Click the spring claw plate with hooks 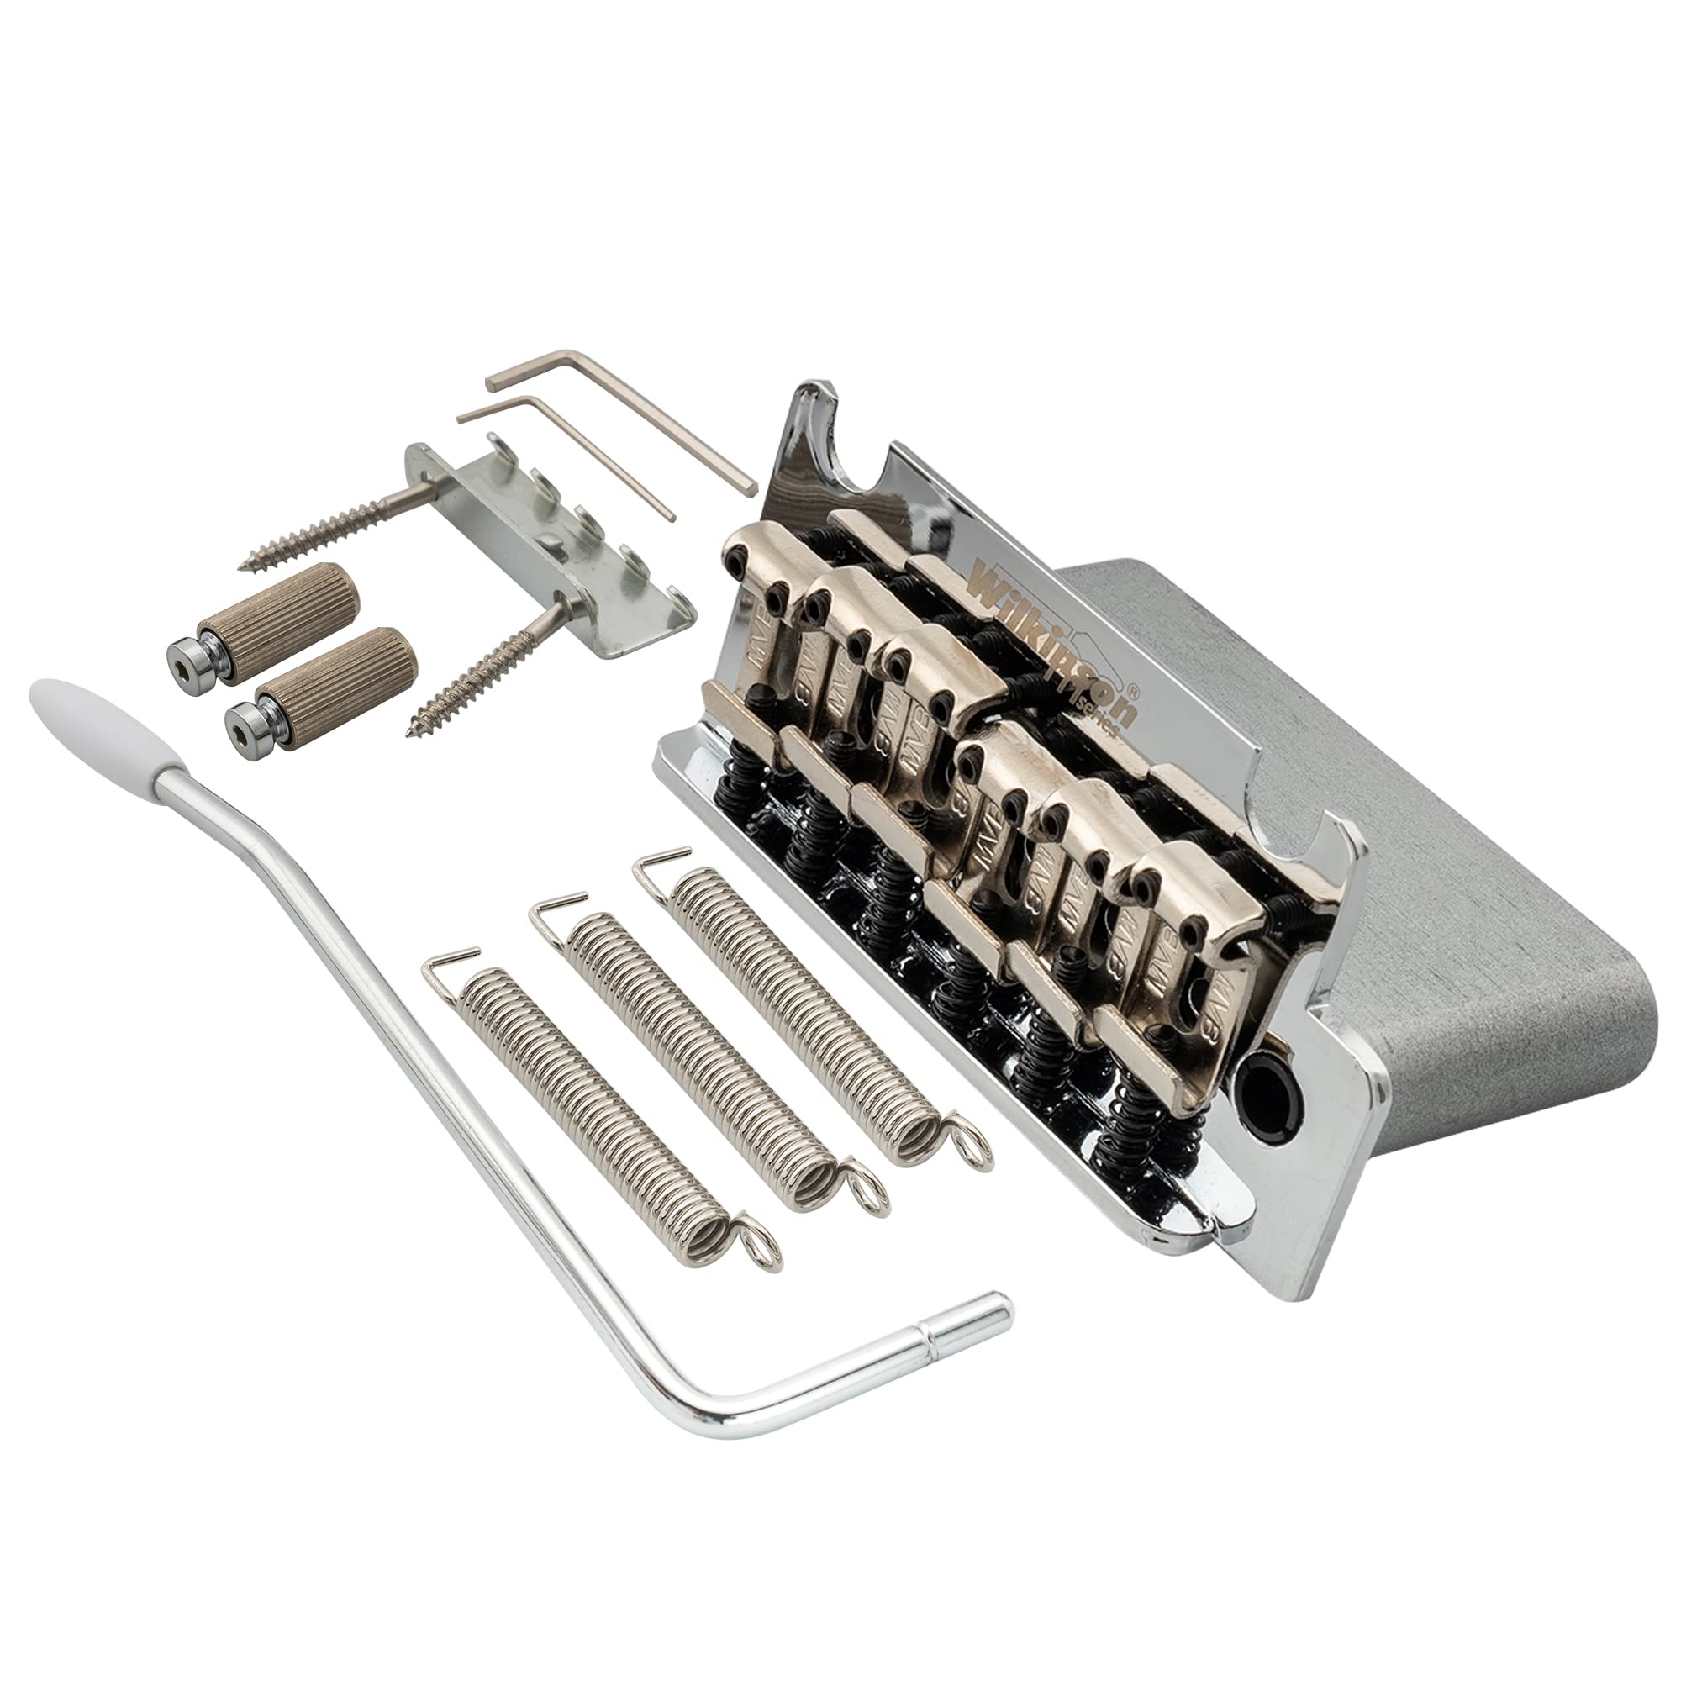click(x=557, y=557)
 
